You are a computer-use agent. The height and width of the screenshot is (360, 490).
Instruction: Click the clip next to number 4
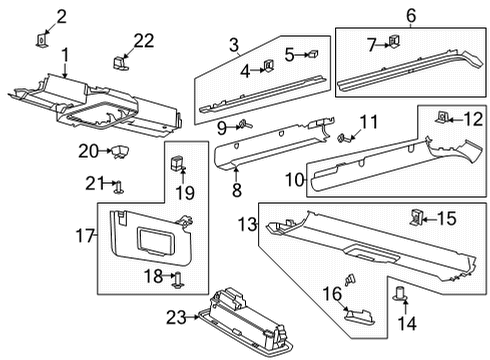coord(268,68)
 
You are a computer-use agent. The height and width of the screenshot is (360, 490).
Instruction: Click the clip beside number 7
coord(392,41)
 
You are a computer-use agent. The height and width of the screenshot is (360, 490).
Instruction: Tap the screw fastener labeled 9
coord(244,125)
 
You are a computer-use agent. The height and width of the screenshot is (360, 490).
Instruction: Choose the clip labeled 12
coord(442,119)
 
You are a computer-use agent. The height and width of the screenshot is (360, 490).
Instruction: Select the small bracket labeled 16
coord(355,313)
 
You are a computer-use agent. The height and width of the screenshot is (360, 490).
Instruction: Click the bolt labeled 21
coord(119,185)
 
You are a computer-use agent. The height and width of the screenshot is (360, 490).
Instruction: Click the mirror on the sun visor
coord(151,239)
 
